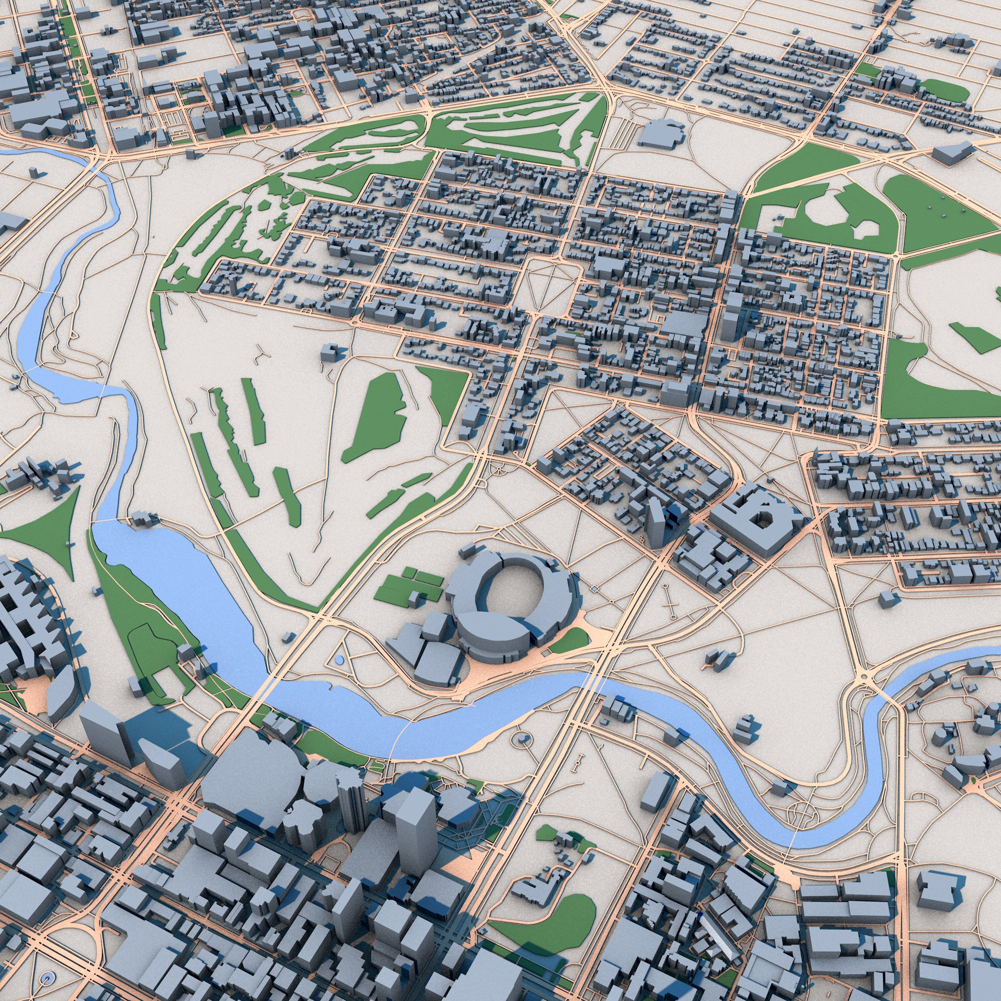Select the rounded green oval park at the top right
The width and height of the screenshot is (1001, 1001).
[944, 92]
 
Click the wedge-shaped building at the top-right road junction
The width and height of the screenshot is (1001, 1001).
[951, 153]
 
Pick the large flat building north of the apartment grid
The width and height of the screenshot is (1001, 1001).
[660, 133]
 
